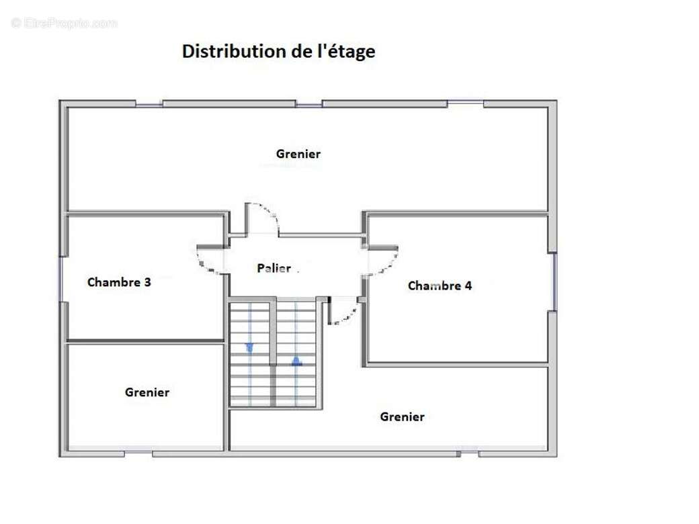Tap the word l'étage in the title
[346, 52]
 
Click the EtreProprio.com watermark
[65, 24]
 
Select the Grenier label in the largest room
[298, 154]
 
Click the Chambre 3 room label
[119, 282]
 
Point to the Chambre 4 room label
[440, 286]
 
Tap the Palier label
[274, 268]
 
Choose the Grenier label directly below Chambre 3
[147, 392]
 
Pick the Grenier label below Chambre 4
[402, 417]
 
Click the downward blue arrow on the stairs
[250, 347]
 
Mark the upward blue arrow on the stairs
[296, 361]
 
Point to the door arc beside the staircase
[344, 313]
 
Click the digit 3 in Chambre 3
[147, 282]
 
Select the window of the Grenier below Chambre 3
[138, 454]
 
